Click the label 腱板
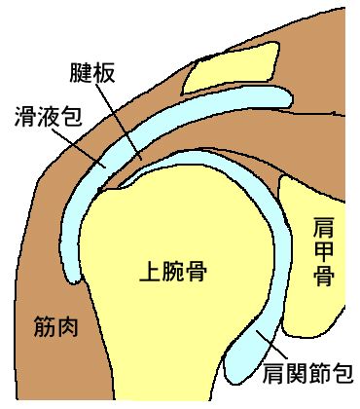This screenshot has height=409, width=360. (92, 73)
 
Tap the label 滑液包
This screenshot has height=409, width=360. (49, 117)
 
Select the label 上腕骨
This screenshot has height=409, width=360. (173, 271)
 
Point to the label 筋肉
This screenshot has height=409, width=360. (56, 326)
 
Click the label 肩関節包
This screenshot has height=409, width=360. (307, 373)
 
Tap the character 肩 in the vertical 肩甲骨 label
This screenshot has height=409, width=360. (323, 228)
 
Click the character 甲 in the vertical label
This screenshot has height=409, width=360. (323, 251)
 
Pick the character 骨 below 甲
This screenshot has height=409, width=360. (323, 276)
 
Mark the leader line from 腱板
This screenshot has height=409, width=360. (119, 122)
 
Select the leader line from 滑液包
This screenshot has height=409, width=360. (78, 148)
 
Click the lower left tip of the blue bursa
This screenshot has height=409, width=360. (74, 279)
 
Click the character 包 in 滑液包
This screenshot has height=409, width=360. (71, 117)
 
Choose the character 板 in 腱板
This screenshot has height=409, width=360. (104, 73)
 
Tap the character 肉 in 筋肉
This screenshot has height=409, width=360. (68, 326)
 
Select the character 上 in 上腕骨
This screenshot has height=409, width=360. (150, 271)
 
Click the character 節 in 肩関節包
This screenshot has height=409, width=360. (319, 373)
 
